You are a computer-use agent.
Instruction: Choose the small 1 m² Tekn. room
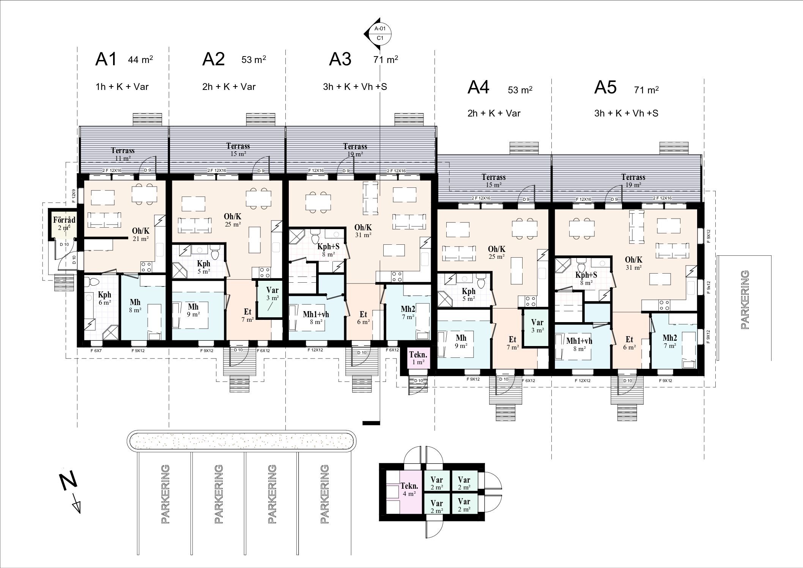(418, 358)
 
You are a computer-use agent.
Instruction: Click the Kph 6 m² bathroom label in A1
(105, 298)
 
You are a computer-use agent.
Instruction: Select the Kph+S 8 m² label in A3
(328, 250)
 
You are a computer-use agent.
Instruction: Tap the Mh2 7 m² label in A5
(670, 341)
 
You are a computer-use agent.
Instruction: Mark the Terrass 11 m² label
(123, 154)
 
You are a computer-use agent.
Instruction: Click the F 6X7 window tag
(96, 351)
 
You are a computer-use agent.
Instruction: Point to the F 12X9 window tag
(74, 195)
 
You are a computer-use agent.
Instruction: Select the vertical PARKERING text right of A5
(745, 299)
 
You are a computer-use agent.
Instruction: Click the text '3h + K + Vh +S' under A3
(355, 87)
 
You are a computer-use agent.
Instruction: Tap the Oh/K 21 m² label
(140, 234)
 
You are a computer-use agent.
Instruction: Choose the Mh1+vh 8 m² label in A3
(316, 318)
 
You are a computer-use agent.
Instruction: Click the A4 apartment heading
(479, 87)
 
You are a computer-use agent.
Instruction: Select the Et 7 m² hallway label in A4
(513, 343)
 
